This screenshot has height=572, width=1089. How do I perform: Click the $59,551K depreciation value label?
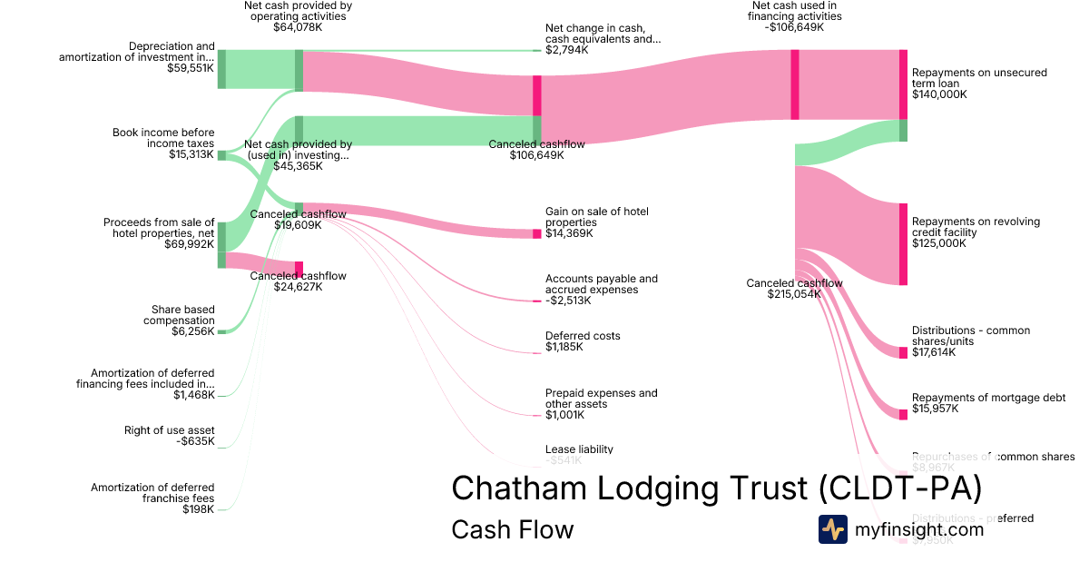pyautogui.click(x=191, y=68)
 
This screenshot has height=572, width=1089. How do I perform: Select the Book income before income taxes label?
pyautogui.click(x=163, y=138)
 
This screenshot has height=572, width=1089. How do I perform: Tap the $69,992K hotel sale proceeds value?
pyautogui.click(x=189, y=244)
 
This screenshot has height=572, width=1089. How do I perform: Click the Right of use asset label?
pyautogui.click(x=170, y=430)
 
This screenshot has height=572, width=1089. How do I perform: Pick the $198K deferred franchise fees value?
pyautogui.click(x=198, y=509)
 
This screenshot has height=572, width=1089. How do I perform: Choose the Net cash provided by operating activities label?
pyautogui.click(x=298, y=10)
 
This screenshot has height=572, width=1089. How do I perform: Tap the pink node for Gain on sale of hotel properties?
pyautogui.click(x=536, y=233)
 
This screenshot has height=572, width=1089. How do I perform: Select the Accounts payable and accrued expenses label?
pyautogui.click(x=602, y=284)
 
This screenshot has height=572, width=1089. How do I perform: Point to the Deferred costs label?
pyautogui.click(x=583, y=336)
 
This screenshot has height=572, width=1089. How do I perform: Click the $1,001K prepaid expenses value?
pyautogui.click(x=564, y=415)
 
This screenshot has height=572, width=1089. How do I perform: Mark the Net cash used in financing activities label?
pyautogui.click(x=794, y=10)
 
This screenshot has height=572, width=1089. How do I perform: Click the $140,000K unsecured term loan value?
pyautogui.click(x=939, y=94)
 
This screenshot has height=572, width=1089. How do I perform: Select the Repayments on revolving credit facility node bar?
pyautogui.click(x=903, y=244)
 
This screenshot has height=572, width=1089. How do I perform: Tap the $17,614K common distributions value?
pyautogui.click(x=934, y=352)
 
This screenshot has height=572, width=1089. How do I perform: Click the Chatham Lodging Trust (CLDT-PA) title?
pyautogui.click(x=717, y=488)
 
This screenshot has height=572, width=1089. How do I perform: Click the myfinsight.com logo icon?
pyautogui.click(x=832, y=529)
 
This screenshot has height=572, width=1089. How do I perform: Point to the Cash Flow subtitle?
pyautogui.click(x=512, y=529)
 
